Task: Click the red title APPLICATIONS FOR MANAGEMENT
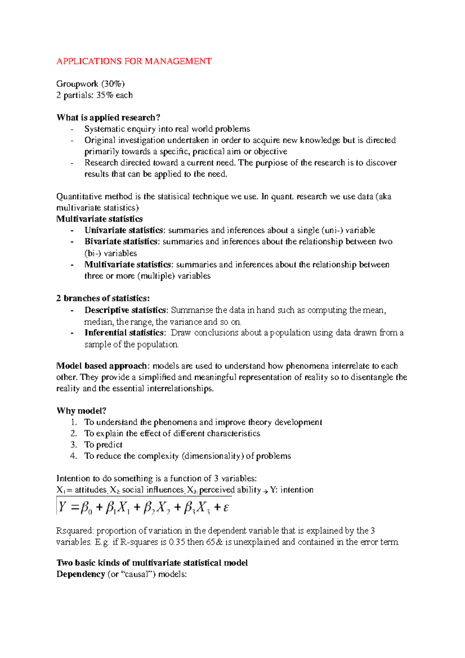[134, 61]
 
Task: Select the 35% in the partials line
[105, 95]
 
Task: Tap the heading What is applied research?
[108, 117]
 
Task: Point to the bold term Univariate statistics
[124, 230]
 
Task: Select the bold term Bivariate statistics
[121, 241]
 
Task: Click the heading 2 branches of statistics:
[103, 298]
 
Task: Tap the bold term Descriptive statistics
[125, 310]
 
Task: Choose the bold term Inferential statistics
[124, 332]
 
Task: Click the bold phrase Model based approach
[102, 366]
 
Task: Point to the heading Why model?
[81, 411]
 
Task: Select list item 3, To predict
[103, 444]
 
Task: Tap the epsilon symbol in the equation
[226, 507]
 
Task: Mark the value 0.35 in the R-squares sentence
[177, 542]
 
